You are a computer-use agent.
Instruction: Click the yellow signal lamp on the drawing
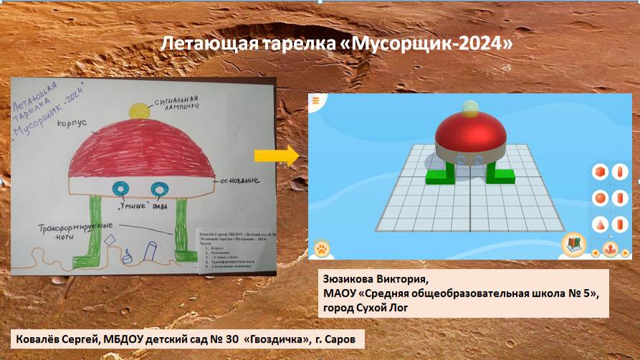pyautogui.click(x=138, y=110)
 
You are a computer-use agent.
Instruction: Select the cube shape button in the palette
pyautogui.click(x=601, y=172)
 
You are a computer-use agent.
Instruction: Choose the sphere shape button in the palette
pyautogui.click(x=601, y=197)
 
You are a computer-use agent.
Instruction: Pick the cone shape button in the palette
pyautogui.click(x=601, y=223)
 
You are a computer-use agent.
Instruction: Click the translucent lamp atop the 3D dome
pyautogui.click(x=469, y=109)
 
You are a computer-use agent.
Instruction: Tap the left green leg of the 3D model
pyautogui.click(x=438, y=173)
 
